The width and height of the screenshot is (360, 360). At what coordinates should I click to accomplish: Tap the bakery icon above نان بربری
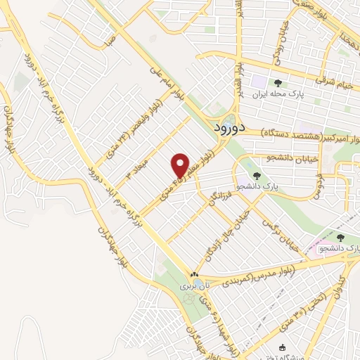[193, 274]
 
